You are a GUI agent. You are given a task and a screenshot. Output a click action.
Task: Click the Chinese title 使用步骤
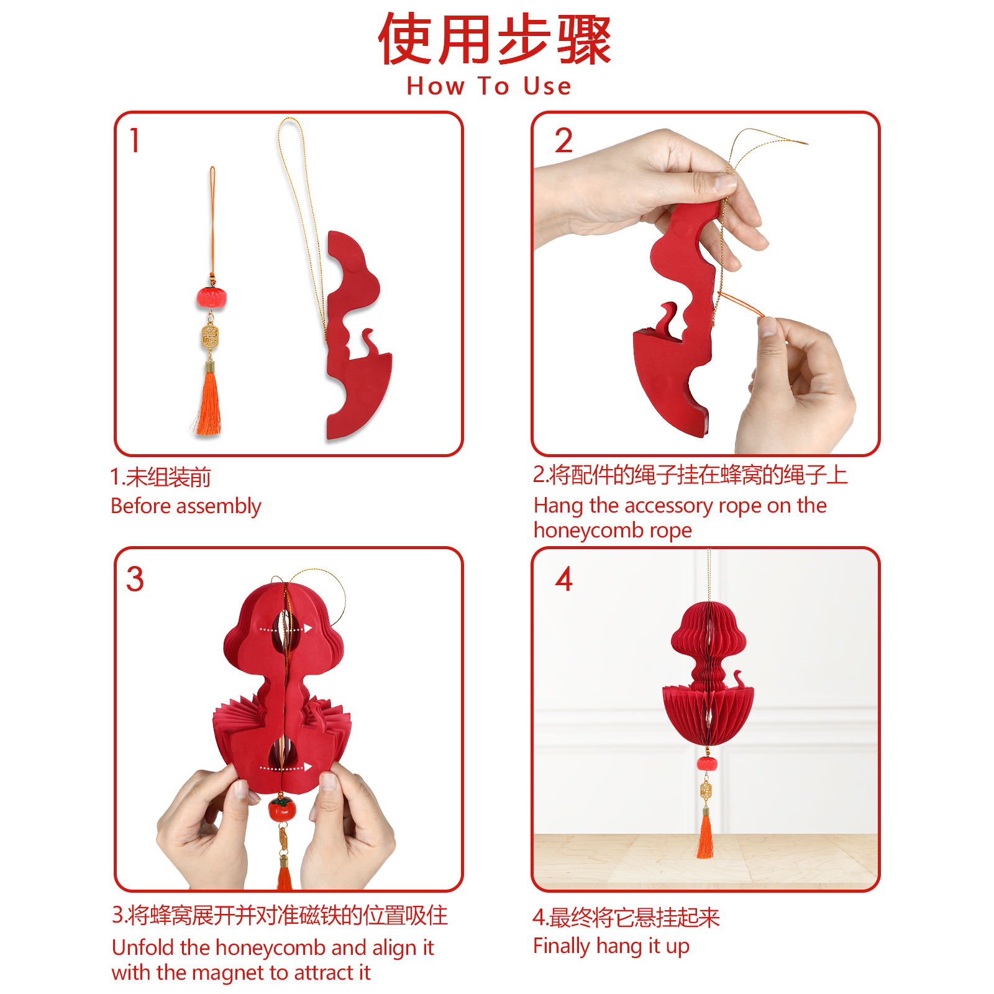[x=495, y=40]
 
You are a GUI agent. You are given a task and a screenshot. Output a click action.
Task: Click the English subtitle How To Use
[x=489, y=86]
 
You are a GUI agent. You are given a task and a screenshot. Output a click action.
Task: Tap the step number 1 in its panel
[x=134, y=140]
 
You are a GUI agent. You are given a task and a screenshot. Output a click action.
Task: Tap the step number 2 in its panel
[x=563, y=140]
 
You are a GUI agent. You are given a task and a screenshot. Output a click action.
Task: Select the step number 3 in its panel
[x=135, y=579]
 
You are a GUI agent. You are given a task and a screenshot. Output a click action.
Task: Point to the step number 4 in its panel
[x=564, y=579]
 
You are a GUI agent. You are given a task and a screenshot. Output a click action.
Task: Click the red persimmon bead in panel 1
[x=211, y=297]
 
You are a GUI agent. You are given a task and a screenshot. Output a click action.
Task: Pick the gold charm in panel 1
[x=210, y=337]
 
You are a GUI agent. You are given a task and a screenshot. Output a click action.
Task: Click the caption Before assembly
[x=186, y=506]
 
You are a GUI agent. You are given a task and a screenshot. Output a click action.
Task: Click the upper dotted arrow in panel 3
[x=285, y=629]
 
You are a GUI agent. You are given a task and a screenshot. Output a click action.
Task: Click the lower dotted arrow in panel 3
[x=285, y=767]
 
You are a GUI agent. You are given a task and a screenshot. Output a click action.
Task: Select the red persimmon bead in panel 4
[x=706, y=763]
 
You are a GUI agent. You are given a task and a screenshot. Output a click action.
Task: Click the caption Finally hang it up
[x=611, y=946]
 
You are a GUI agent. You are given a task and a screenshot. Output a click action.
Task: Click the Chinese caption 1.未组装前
[x=160, y=477]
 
